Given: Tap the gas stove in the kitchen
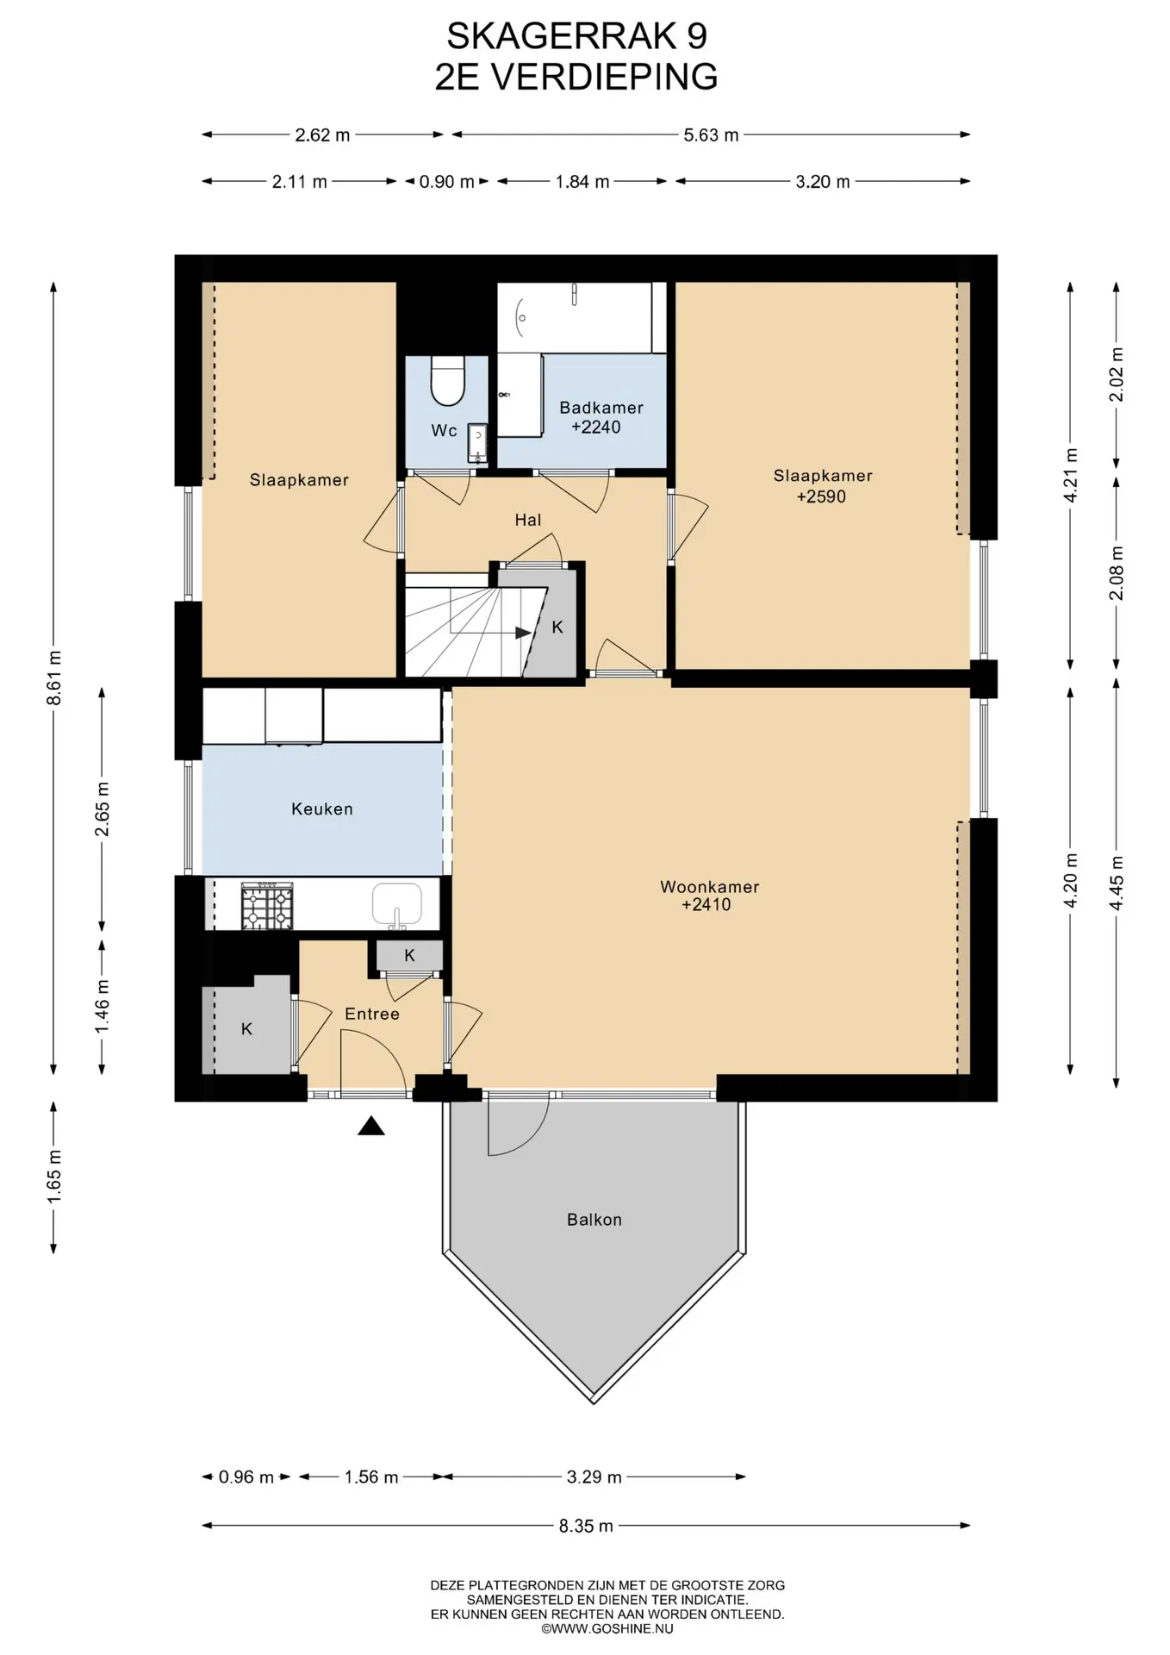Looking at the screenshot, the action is [x=267, y=905].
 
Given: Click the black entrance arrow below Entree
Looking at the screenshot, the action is [x=371, y=1125].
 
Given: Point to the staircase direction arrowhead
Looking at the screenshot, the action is [x=523, y=633].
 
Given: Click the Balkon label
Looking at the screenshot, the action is [x=594, y=1220].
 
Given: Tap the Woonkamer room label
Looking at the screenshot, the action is [x=710, y=886].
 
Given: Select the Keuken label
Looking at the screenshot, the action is [x=322, y=809].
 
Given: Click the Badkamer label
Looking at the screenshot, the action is [x=601, y=407].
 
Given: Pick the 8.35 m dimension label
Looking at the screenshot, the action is [x=586, y=1526].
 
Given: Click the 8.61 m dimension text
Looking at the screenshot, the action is [x=53, y=678].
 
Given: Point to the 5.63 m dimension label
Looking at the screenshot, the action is [x=712, y=134].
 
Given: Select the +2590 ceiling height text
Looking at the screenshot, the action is [x=821, y=496].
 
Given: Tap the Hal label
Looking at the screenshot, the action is [x=528, y=520].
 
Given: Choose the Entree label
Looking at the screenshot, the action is [x=372, y=1014].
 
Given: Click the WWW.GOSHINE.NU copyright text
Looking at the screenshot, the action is [x=607, y=1629].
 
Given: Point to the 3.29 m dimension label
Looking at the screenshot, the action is [x=594, y=1477].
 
